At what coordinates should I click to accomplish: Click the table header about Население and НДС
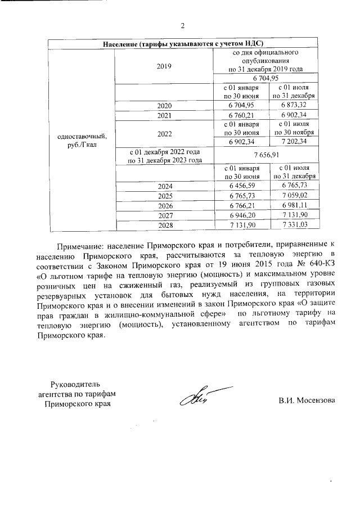click(183, 44)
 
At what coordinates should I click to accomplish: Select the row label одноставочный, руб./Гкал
click(81, 141)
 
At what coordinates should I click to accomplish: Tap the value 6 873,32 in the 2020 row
click(297, 105)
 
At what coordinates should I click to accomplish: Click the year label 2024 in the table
click(164, 186)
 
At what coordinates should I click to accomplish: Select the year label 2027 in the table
click(164, 215)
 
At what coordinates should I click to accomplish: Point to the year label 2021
click(164, 115)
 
